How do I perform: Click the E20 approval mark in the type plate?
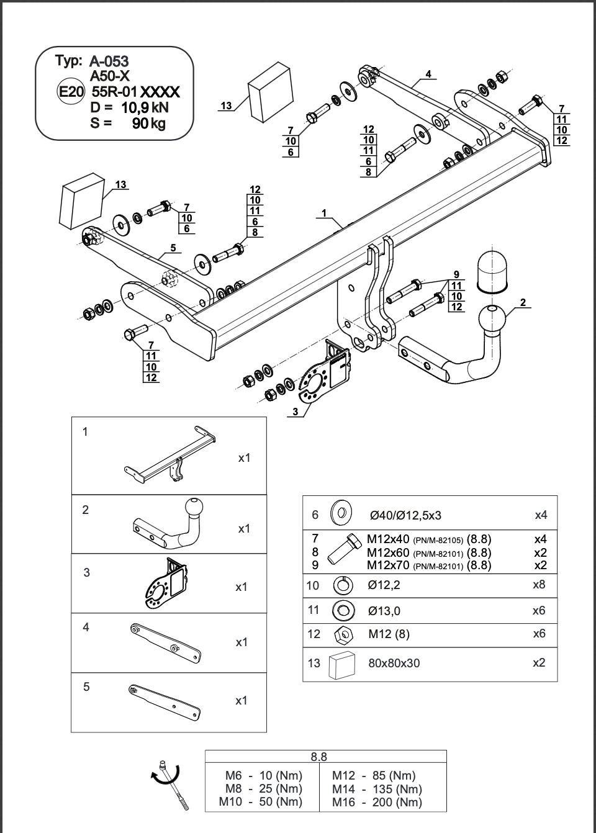[x=70, y=92]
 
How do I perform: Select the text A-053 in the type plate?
[x=109, y=61]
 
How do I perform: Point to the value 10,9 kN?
[x=145, y=107]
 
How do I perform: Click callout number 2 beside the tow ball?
[x=523, y=302]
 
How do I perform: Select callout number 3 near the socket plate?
[x=296, y=412]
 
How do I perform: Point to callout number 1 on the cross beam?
[x=324, y=214]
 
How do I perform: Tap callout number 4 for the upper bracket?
[x=428, y=74]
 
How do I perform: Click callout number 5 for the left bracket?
[x=173, y=248]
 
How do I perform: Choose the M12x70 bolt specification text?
[x=428, y=565]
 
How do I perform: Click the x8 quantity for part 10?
[x=539, y=585]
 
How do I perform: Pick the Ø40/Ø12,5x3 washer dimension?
[x=405, y=515]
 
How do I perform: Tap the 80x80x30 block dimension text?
[x=394, y=663]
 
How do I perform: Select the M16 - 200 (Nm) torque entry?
[x=376, y=802]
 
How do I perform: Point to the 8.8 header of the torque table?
[x=318, y=757]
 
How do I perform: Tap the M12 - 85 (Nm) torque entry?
[x=373, y=775]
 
